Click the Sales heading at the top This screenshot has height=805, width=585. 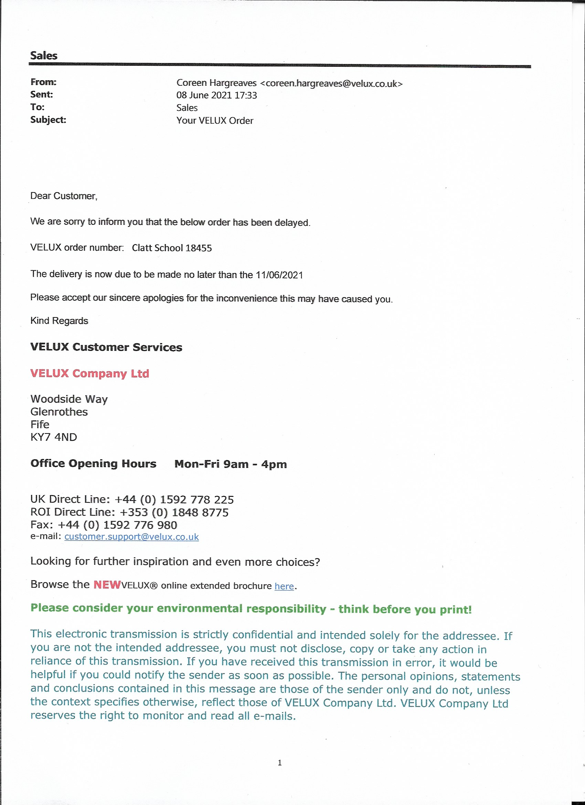[x=44, y=55]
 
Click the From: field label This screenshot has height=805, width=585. [x=43, y=82]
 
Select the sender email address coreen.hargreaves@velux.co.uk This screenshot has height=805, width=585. [x=334, y=84]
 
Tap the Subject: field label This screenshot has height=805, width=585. [x=48, y=119]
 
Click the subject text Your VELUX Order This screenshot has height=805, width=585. [x=215, y=121]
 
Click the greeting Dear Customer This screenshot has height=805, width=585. [x=64, y=196]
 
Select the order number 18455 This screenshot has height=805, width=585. [x=199, y=248]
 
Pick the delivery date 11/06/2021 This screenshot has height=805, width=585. [x=279, y=275]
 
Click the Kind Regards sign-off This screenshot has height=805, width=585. [x=59, y=321]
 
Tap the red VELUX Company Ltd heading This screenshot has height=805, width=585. [x=89, y=373]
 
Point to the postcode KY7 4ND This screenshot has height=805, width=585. [x=54, y=437]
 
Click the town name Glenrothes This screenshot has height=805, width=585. [x=59, y=412]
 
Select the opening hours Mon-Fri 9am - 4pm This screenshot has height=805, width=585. [x=231, y=464]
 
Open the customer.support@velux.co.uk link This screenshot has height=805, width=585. [x=131, y=537]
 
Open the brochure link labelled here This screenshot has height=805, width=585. [x=284, y=586]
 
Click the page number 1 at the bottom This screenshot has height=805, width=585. [x=279, y=762]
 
